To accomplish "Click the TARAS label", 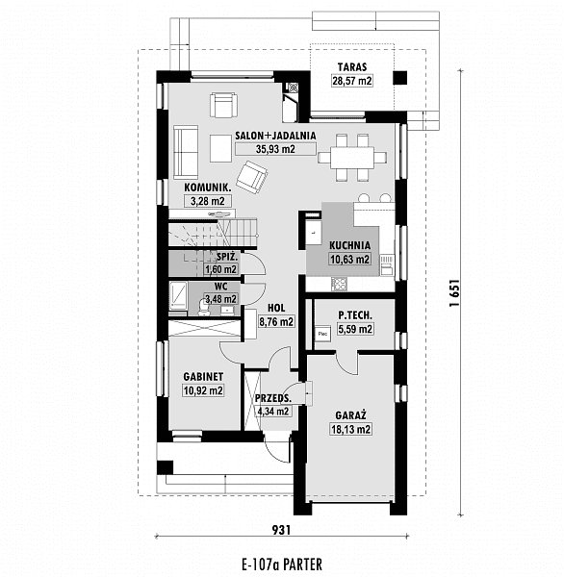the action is pos(352,67).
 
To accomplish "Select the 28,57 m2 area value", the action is pos(352,81).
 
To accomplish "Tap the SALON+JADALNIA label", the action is pos(275,136).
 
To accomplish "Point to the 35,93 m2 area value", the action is pos(275,149).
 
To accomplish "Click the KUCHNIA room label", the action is pos(349,245).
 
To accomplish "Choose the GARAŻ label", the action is pos(350,415).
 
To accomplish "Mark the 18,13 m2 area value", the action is pos(350,429).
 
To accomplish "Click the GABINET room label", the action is pos(203,377).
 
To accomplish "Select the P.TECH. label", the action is pos(355,315).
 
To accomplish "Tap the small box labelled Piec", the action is pos(322,334).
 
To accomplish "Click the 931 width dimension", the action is pos(281,530).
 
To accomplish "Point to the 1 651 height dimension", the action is pos(454,293).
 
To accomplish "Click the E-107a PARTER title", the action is pos(282,564).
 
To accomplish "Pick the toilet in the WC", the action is pos(203,308).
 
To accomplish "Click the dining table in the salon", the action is pos(352,158).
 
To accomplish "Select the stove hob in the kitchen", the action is pos(339,284).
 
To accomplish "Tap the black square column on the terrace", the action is pos(399,78).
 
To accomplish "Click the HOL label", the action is pos(276,308).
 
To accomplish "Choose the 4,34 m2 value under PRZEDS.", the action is pos(273,411).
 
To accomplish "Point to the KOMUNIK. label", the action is pos(208,188).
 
